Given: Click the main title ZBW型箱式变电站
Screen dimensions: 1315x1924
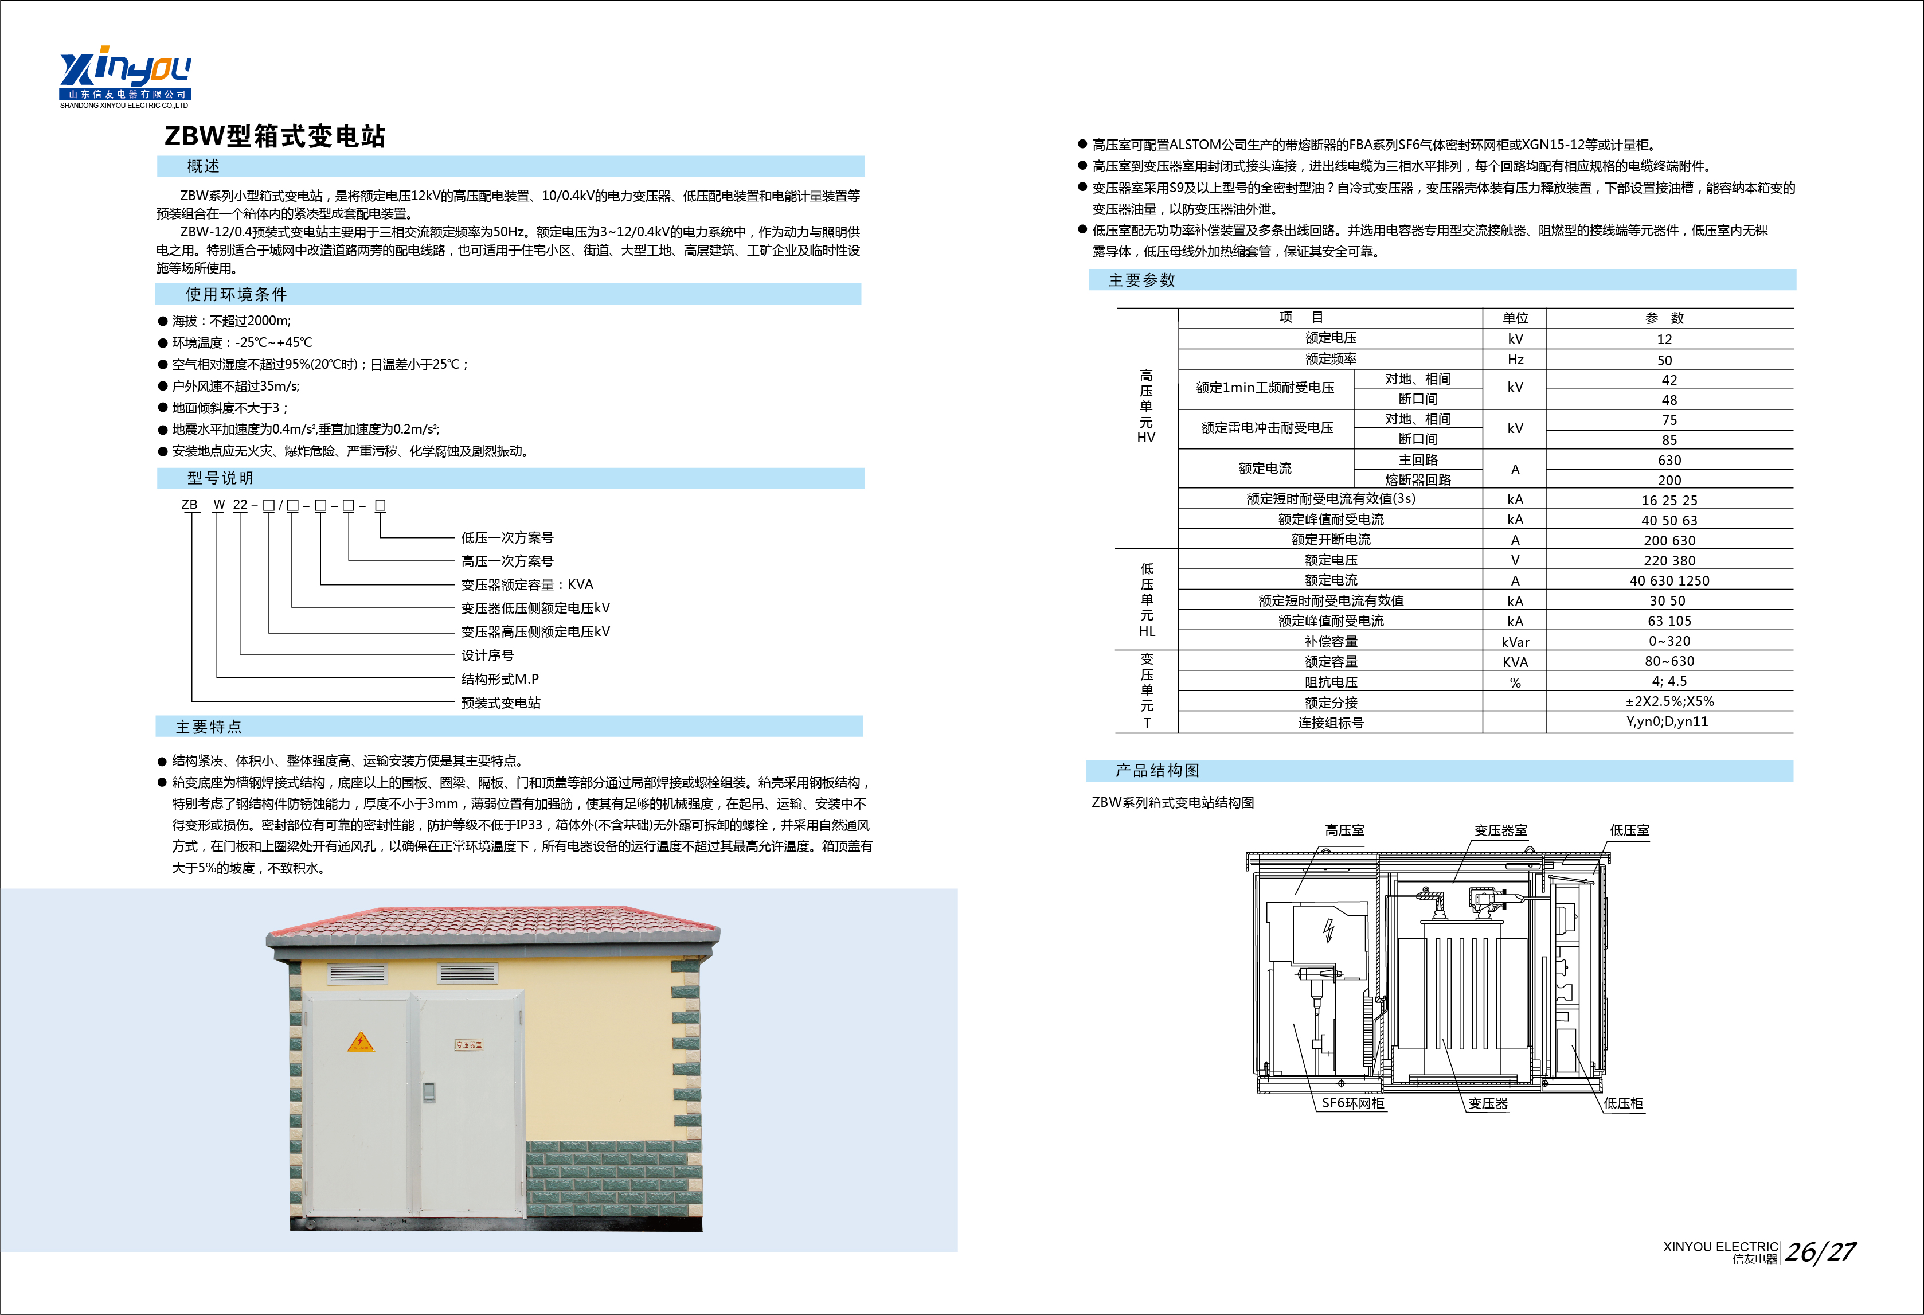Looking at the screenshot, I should [x=275, y=136].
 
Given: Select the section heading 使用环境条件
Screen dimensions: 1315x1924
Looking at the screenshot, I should [x=236, y=295].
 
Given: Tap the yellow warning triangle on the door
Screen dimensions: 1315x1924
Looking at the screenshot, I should [x=360, y=1043].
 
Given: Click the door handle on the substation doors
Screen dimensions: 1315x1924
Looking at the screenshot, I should [x=428, y=1091].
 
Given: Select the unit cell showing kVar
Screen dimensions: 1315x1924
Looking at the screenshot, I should [x=1515, y=642].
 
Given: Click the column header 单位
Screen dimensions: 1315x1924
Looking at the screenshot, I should [x=1515, y=318].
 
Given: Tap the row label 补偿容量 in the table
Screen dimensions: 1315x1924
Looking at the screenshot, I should [x=1331, y=642].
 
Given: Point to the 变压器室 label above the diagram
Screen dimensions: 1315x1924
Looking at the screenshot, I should [x=1500, y=830].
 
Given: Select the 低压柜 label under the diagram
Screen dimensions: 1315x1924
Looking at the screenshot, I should [x=1622, y=1103].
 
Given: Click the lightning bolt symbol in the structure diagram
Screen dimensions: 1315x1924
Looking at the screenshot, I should [x=1329, y=931].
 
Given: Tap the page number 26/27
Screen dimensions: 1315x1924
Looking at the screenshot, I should [x=1820, y=1252].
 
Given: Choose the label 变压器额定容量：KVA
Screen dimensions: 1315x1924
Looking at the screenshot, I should [x=526, y=584].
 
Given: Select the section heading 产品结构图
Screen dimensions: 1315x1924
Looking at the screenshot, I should [x=1156, y=771].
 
